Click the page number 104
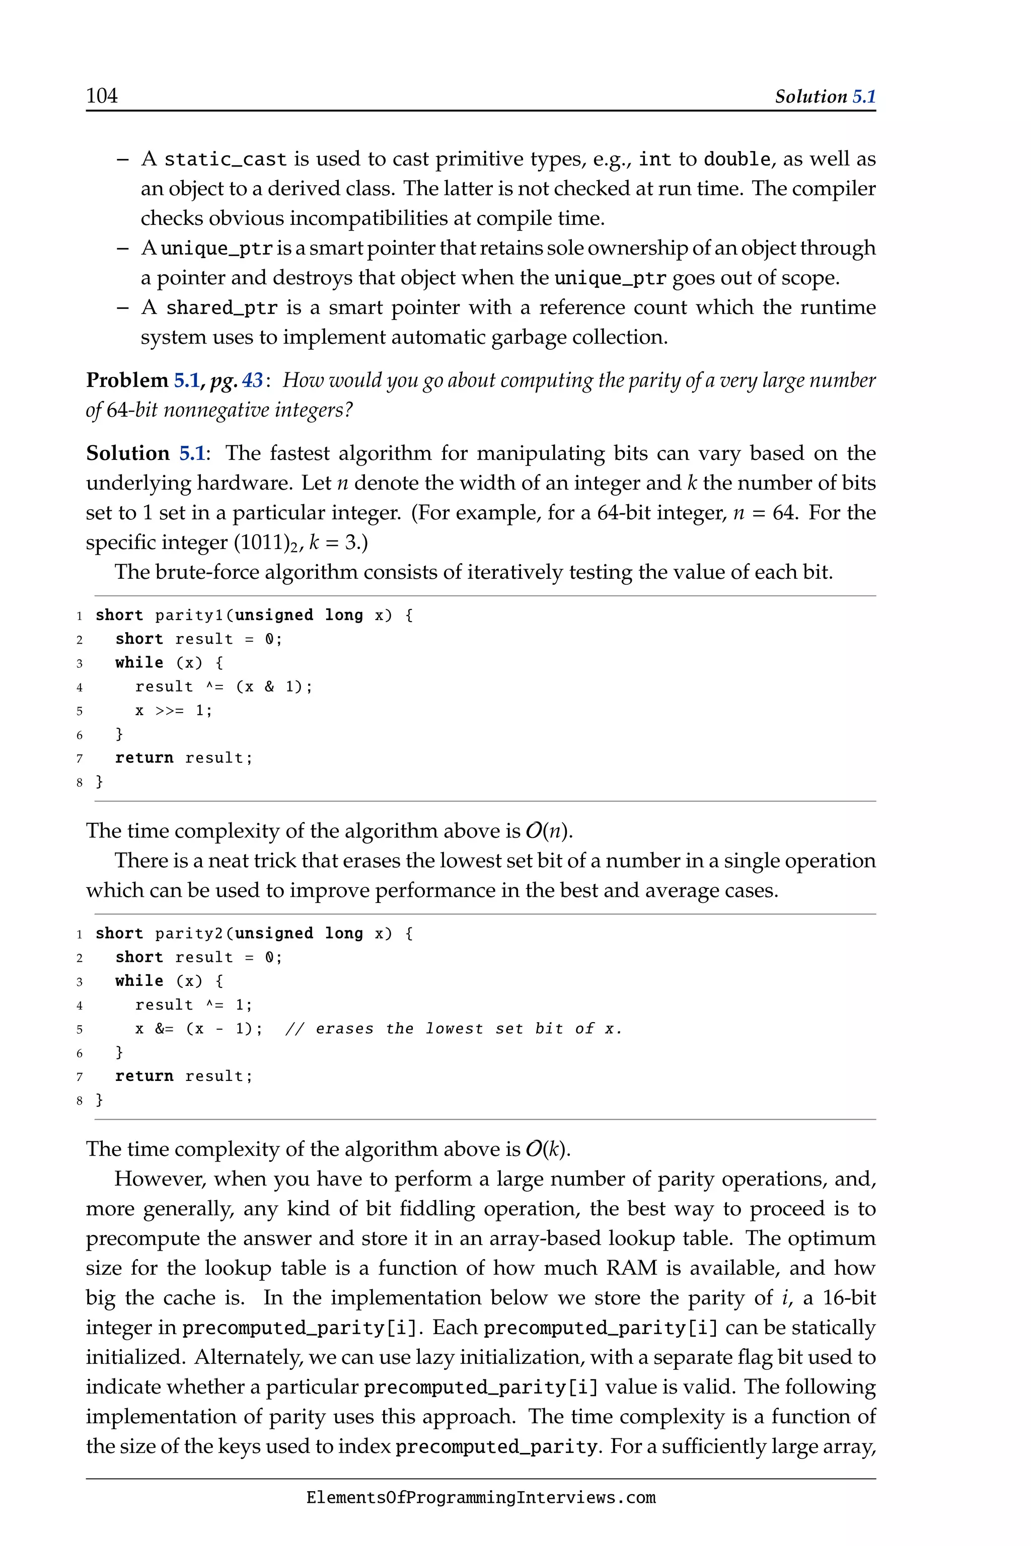pyautogui.click(x=102, y=96)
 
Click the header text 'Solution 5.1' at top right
pyautogui.click(x=825, y=97)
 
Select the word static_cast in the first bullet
pyautogui.click(x=226, y=160)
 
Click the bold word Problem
pyautogui.click(x=127, y=380)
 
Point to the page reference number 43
pyautogui.click(x=253, y=380)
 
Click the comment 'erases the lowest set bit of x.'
pyautogui.click(x=454, y=1029)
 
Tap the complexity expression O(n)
pyautogui.click(x=548, y=831)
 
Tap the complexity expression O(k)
pyautogui.click(x=548, y=1149)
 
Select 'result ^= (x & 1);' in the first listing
pyautogui.click(x=224, y=687)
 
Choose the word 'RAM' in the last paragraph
pyautogui.click(x=631, y=1268)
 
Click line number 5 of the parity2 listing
pyautogui.click(x=80, y=1029)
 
